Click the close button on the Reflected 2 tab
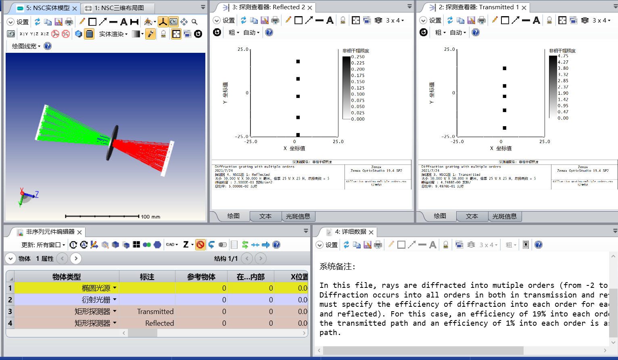coord(310,8)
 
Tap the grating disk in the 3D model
coord(113,142)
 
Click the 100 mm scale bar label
coord(150,217)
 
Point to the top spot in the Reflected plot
coord(298,62)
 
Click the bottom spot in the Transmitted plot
coord(505,128)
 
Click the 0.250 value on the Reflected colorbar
coord(358,57)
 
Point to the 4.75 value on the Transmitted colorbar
coord(563,56)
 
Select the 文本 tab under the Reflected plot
coord(265,216)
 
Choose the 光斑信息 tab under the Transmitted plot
coord(504,216)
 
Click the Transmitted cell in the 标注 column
coord(155,312)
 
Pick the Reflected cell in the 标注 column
coord(159,323)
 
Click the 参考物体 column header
coord(201,277)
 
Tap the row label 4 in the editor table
coord(10,323)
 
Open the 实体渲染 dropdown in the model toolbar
coord(113,34)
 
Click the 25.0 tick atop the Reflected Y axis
coord(243,49)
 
